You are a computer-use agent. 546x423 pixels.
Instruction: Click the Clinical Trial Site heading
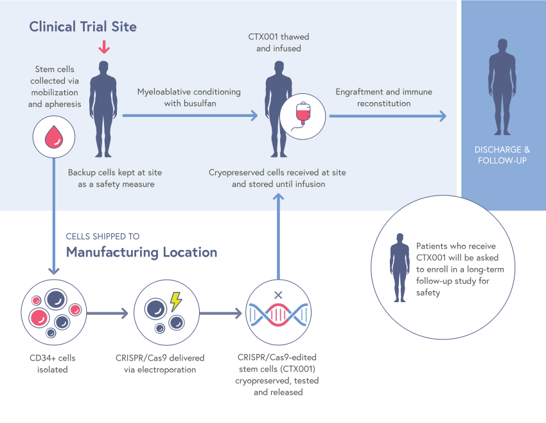click(x=82, y=27)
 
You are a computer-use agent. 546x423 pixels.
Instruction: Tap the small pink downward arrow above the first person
click(x=101, y=48)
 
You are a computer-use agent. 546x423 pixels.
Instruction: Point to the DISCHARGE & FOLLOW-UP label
click(x=502, y=154)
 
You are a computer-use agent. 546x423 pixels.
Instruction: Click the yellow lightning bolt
click(x=175, y=301)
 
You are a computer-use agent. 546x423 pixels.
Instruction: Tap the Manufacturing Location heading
click(x=141, y=251)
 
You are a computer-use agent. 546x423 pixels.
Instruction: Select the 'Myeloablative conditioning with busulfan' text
click(x=189, y=97)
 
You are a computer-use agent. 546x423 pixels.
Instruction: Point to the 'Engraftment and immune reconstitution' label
click(x=383, y=97)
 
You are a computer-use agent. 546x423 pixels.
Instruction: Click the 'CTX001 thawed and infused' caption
click(x=274, y=42)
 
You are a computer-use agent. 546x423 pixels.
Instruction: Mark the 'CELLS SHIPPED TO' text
click(x=103, y=236)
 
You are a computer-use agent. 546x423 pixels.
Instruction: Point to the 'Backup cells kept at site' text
click(x=115, y=178)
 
